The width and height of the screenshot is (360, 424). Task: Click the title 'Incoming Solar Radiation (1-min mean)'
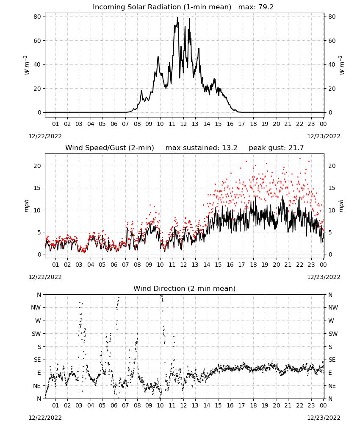point(162,7)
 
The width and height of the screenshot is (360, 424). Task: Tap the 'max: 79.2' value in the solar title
point(256,7)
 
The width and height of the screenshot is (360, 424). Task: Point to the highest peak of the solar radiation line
point(177,17)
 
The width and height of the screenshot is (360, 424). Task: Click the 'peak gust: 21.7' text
point(276,148)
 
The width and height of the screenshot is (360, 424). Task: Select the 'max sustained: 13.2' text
point(201,148)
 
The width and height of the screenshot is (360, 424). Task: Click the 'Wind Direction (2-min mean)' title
point(185,288)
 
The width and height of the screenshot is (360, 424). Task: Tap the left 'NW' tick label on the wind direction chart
point(36,308)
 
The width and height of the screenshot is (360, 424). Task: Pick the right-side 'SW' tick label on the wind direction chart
point(333,334)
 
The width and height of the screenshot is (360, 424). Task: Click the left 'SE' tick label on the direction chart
point(37,360)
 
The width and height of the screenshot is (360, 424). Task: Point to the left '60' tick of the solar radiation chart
point(37,41)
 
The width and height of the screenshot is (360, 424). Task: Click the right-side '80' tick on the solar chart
point(332,17)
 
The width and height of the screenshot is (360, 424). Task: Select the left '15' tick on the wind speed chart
point(37,188)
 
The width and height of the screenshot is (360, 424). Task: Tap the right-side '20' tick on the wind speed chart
point(332,166)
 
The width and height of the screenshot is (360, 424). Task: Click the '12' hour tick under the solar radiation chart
point(183,124)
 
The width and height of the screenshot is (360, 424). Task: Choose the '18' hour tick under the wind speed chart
point(253,265)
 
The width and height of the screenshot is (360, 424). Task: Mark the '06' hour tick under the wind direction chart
point(114,405)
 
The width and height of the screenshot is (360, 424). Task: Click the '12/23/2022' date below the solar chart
point(324,136)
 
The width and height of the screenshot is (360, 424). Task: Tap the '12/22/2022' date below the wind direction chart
point(45,418)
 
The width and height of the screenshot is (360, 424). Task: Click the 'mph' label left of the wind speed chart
point(27,206)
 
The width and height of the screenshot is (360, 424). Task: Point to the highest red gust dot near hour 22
point(300,159)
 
